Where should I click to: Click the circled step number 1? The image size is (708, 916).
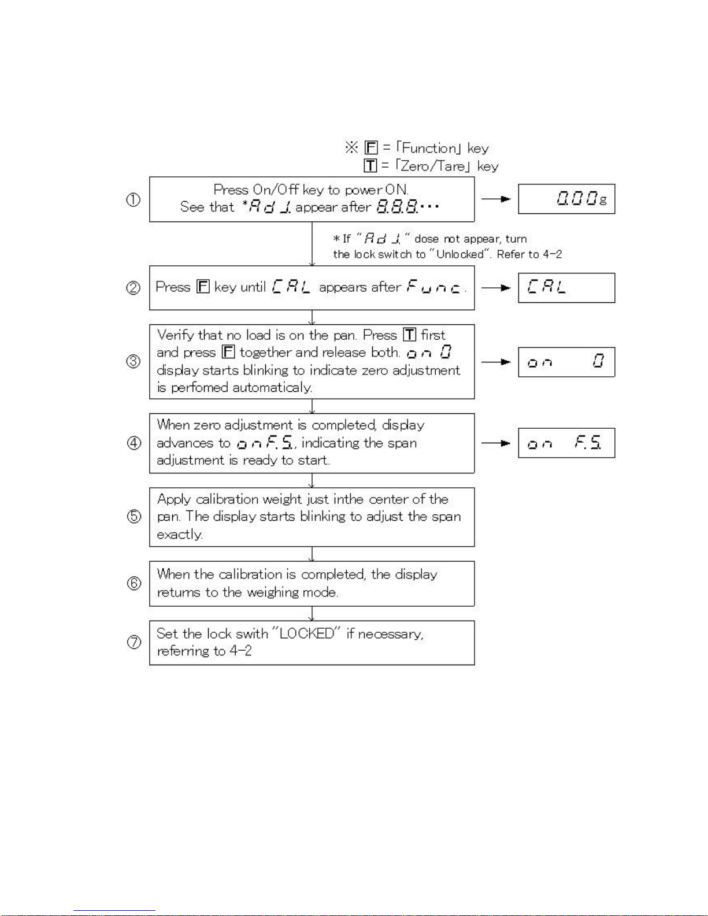pyautogui.click(x=134, y=199)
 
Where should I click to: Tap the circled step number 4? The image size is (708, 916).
pyautogui.click(x=134, y=443)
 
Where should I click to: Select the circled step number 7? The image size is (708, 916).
pyautogui.click(x=134, y=642)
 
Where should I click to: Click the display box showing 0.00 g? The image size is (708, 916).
pyautogui.click(x=566, y=199)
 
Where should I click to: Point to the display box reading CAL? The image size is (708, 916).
pyautogui.click(x=566, y=288)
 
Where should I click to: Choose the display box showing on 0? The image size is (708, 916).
pyautogui.click(x=566, y=362)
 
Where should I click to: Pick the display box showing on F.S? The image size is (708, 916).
pyautogui.click(x=566, y=443)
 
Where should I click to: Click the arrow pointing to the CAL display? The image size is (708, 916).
pyautogui.click(x=496, y=288)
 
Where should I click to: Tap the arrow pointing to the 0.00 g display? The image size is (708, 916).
pyautogui.click(x=496, y=199)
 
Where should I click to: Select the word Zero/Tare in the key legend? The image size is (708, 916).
pyautogui.click(x=433, y=166)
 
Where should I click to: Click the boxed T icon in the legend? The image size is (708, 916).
pyautogui.click(x=370, y=166)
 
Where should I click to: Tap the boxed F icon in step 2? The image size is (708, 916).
pyautogui.click(x=203, y=287)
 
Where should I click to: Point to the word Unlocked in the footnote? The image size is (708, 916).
pyautogui.click(x=460, y=254)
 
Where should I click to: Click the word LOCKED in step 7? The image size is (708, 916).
pyautogui.click(x=307, y=633)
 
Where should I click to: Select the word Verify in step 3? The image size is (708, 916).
pyautogui.click(x=176, y=335)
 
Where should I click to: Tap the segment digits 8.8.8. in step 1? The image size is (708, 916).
pyautogui.click(x=398, y=206)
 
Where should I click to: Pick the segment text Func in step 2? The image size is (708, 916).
pyautogui.click(x=435, y=287)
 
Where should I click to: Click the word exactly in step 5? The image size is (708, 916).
pyautogui.click(x=179, y=535)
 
